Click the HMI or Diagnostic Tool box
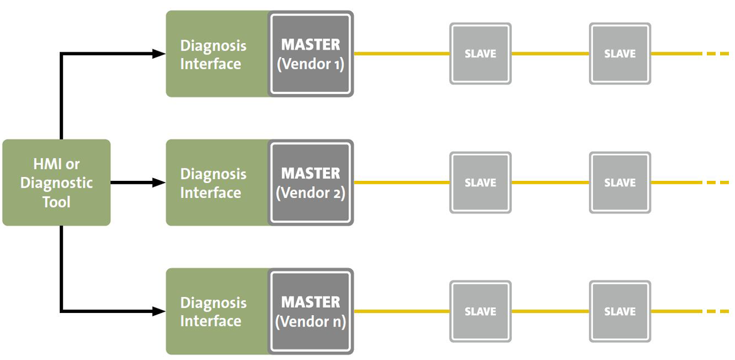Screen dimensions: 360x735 pos(56,183)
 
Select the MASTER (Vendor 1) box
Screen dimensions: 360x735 pos(311,54)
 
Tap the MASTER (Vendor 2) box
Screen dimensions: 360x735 pos(311,183)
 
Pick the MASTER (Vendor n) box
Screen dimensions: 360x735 pos(311,311)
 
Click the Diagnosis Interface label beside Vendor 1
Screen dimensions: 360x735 pos(213,55)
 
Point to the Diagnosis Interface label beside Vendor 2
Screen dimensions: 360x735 pos(213,183)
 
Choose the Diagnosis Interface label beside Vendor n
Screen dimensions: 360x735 pos(213,312)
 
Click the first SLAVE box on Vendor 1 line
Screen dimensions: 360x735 pos(480,54)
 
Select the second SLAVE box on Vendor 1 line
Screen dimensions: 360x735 pos(620,54)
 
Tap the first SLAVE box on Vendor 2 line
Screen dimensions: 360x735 pos(480,183)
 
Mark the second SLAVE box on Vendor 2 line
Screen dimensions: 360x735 pos(620,183)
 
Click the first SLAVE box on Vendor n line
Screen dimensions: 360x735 pos(480,311)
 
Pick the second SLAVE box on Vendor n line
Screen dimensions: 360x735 pos(620,311)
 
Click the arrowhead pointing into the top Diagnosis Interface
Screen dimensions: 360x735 pos(160,54)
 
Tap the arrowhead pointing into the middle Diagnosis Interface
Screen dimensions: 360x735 pos(160,183)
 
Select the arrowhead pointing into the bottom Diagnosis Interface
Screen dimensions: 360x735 pos(160,311)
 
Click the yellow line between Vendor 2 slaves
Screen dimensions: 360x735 pos(550,183)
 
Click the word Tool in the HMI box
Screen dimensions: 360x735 pos(56,202)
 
